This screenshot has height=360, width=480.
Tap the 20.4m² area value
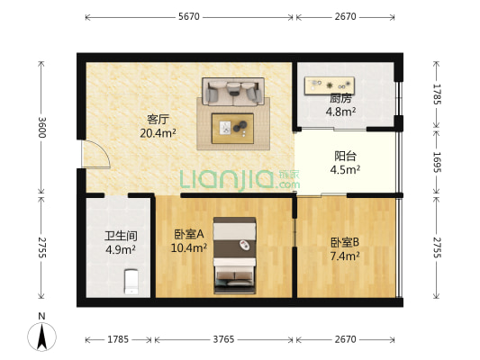[x=158, y=132]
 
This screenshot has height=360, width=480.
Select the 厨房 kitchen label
[x=340, y=99]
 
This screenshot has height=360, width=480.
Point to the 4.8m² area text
[x=341, y=112]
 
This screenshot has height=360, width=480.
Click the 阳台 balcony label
[x=346, y=155]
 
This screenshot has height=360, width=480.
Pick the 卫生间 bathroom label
[x=119, y=238]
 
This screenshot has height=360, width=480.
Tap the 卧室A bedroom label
[x=189, y=234]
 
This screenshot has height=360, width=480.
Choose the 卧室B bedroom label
[x=345, y=242]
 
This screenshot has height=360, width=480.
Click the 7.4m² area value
[x=345, y=256]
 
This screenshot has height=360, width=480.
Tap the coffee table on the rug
[x=233, y=128]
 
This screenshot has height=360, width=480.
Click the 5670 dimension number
[x=189, y=17]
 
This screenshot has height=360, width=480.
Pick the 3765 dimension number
[x=223, y=339]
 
